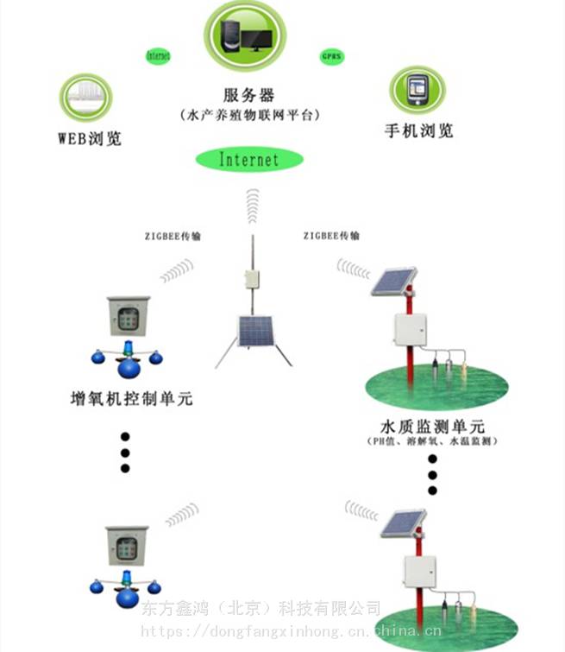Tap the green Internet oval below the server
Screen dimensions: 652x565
coord(249,160)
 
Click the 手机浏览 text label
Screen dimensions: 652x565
coord(418,131)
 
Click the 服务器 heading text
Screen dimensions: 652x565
coord(248,95)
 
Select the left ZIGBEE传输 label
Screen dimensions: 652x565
coord(173,236)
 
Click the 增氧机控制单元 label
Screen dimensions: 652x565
coord(130,399)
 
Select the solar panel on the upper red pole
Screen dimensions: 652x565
coord(394,282)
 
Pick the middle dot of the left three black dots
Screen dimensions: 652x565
coord(125,452)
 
